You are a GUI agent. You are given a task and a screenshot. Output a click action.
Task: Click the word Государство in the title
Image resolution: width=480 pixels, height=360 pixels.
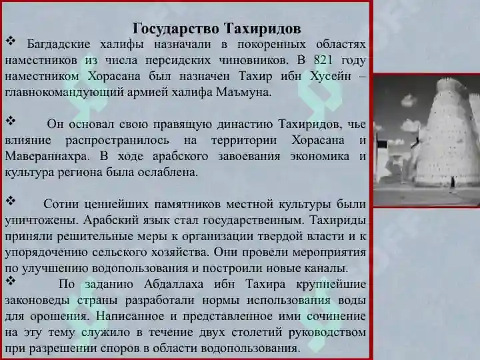pyautogui.click(x=176, y=29)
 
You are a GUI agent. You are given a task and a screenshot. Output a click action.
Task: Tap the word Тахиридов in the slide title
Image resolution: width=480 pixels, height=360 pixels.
pyautogui.click(x=263, y=29)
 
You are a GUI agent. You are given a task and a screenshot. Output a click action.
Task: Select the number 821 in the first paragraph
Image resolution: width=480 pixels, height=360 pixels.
pyautogui.click(x=323, y=60)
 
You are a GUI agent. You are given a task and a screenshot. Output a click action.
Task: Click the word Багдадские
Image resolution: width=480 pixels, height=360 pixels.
pyautogui.click(x=59, y=45)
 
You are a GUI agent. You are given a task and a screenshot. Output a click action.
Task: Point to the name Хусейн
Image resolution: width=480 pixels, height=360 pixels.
pyautogui.click(x=330, y=76)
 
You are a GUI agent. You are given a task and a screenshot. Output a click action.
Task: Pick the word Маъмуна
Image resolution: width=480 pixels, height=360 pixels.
pyautogui.click(x=244, y=92)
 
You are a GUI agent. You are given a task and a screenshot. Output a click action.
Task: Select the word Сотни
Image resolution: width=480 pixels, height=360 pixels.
pyautogui.click(x=61, y=204)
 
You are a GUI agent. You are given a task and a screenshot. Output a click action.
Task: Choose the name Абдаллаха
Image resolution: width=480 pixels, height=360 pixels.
pyautogui.click(x=173, y=284)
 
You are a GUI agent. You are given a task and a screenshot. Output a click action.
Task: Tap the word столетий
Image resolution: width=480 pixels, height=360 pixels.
pyautogui.click(x=256, y=332)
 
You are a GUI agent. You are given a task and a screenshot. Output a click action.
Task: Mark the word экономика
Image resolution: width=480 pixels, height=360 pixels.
pyautogui.click(x=319, y=156)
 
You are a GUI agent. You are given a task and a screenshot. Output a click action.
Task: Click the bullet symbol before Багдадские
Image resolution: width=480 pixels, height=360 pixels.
pyautogui.click(x=11, y=41)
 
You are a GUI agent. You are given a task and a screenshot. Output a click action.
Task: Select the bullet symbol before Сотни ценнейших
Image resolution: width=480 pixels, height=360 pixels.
pyautogui.click(x=11, y=201)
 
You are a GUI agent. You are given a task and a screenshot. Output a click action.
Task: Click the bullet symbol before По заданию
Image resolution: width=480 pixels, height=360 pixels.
pyautogui.click(x=11, y=281)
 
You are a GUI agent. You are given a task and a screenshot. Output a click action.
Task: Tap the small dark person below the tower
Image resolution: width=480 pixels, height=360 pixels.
pyautogui.click(x=452, y=183)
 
